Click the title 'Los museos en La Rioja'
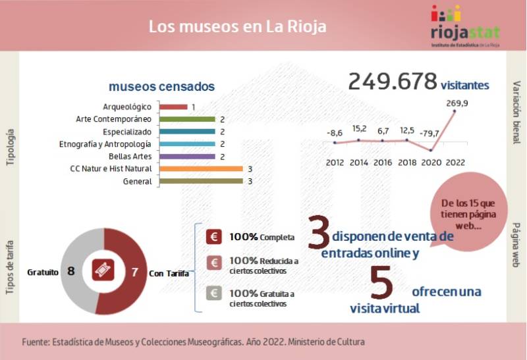[x=237, y=27]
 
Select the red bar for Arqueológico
[x=174, y=107]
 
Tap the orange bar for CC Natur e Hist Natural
[x=202, y=169]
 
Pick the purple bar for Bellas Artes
[x=188, y=157]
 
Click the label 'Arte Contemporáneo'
[x=114, y=119]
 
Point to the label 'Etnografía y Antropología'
[x=105, y=144]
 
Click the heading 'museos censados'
[x=161, y=86]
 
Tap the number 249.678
[x=393, y=82]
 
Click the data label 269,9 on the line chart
[x=457, y=103]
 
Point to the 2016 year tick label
[x=383, y=162]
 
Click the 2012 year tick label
[x=335, y=162]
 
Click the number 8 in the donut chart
[x=70, y=271]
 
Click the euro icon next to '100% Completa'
[x=214, y=237]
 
